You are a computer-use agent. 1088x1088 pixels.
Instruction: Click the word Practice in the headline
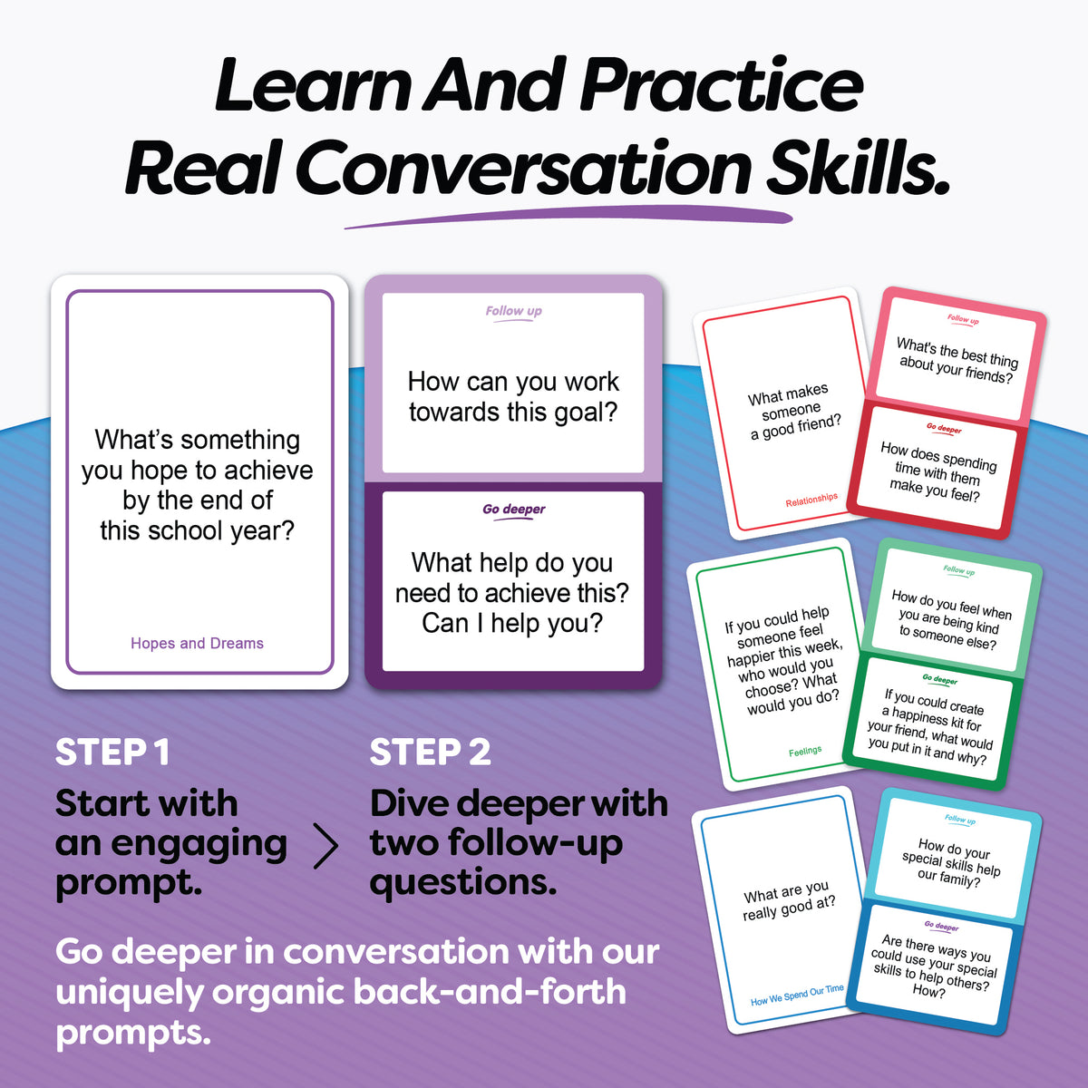[721, 86]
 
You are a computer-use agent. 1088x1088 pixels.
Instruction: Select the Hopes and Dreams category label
[197, 643]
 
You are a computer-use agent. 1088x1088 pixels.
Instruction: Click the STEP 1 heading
[112, 753]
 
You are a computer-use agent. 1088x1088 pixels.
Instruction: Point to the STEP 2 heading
[430, 753]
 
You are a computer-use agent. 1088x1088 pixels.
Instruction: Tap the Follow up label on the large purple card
[513, 312]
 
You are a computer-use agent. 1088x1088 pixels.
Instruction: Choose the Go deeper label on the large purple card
[513, 510]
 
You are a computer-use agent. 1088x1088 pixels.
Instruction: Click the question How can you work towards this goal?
[513, 396]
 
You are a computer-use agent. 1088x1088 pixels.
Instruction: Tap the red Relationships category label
[811, 500]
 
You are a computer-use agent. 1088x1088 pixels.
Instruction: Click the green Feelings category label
[805, 751]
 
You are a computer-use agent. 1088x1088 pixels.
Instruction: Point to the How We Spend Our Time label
[797, 996]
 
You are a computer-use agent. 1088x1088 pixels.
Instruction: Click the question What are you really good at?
[789, 901]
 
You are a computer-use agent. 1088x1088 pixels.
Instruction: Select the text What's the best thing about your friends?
[956, 361]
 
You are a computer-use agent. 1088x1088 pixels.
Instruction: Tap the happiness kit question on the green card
[930, 725]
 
